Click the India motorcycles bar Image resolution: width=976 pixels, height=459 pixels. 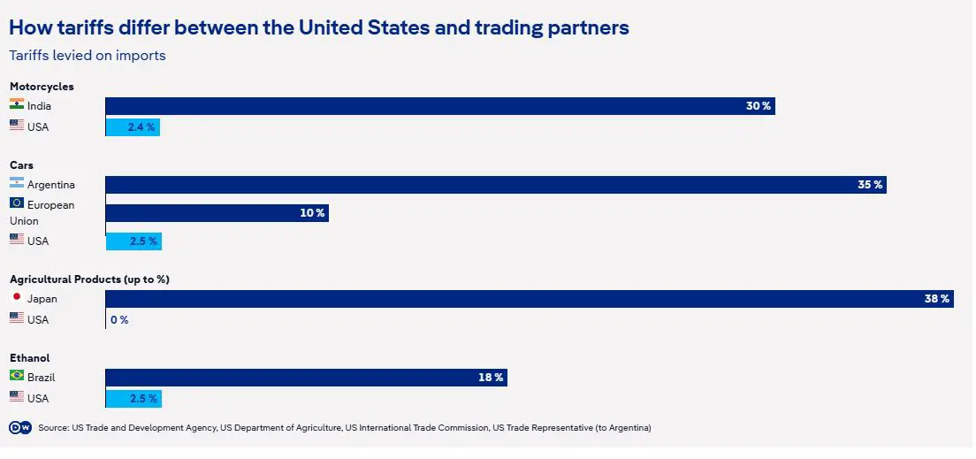pos(439,106)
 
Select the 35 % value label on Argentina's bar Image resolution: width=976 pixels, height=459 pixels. pos(870,185)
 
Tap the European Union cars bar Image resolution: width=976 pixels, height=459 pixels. pos(217,213)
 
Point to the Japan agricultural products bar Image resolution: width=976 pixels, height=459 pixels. pos(529,299)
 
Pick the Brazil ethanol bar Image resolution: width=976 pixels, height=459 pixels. pos(306,378)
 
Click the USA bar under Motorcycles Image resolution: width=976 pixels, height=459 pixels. pos(133,127)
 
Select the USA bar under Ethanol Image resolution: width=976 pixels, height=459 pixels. pos(133,398)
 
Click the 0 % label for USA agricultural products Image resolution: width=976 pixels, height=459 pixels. pos(119,320)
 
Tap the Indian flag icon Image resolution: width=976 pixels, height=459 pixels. pos(17,104)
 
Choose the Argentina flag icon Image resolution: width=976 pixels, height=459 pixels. pos(17,183)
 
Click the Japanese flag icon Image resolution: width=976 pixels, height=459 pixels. pos(17,297)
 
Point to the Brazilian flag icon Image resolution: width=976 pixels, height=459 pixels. pos(17,376)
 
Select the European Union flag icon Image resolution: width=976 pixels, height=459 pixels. pos(17,203)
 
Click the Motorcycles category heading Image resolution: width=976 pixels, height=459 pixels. pos(42,87)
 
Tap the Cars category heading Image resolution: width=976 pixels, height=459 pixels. pos(22,165)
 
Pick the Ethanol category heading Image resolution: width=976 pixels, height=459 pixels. pos(29,358)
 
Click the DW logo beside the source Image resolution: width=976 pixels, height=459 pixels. pos(19,428)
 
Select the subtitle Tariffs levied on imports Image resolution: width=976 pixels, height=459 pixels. pos(88,56)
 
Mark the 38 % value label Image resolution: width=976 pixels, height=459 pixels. pos(937,299)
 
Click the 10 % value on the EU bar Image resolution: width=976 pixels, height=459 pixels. pos(312,213)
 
